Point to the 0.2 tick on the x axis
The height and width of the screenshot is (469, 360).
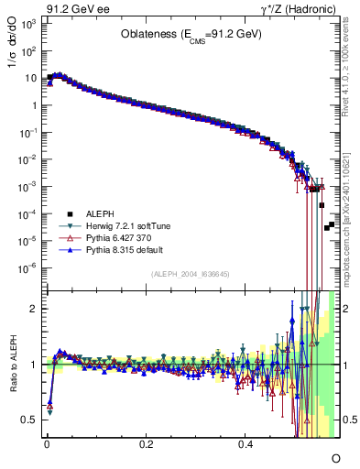point(146,443)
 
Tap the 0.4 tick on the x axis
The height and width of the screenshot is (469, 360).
point(245,443)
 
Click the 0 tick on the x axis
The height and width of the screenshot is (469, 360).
point(46,443)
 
